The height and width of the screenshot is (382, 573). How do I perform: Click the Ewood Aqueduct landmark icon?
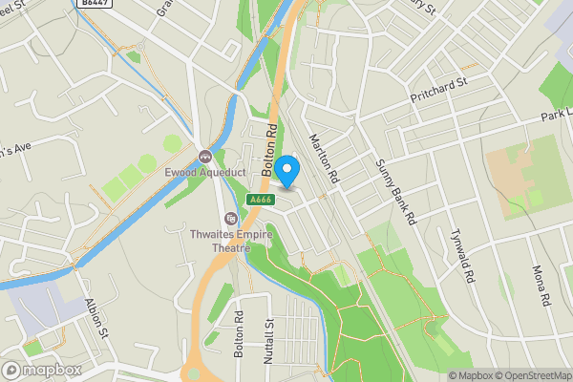204,157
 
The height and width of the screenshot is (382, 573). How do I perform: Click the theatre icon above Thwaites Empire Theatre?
229,218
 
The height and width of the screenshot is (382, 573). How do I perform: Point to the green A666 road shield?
257,200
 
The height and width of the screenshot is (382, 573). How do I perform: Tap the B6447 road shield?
93,5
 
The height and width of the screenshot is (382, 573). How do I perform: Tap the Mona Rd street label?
543,284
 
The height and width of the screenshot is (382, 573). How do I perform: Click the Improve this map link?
567,375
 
